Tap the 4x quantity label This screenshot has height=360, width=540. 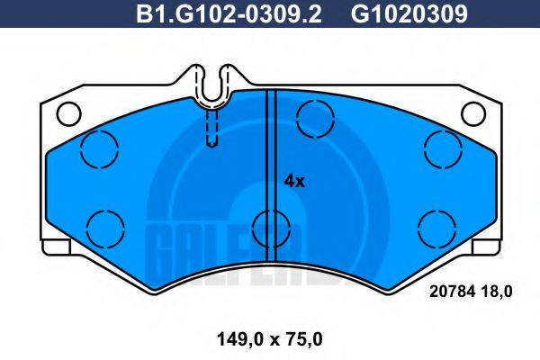click(x=294, y=181)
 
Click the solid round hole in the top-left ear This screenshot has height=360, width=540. click(x=68, y=113)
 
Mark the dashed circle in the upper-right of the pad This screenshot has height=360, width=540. click(x=441, y=148)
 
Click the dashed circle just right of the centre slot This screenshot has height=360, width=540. click(x=314, y=116)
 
